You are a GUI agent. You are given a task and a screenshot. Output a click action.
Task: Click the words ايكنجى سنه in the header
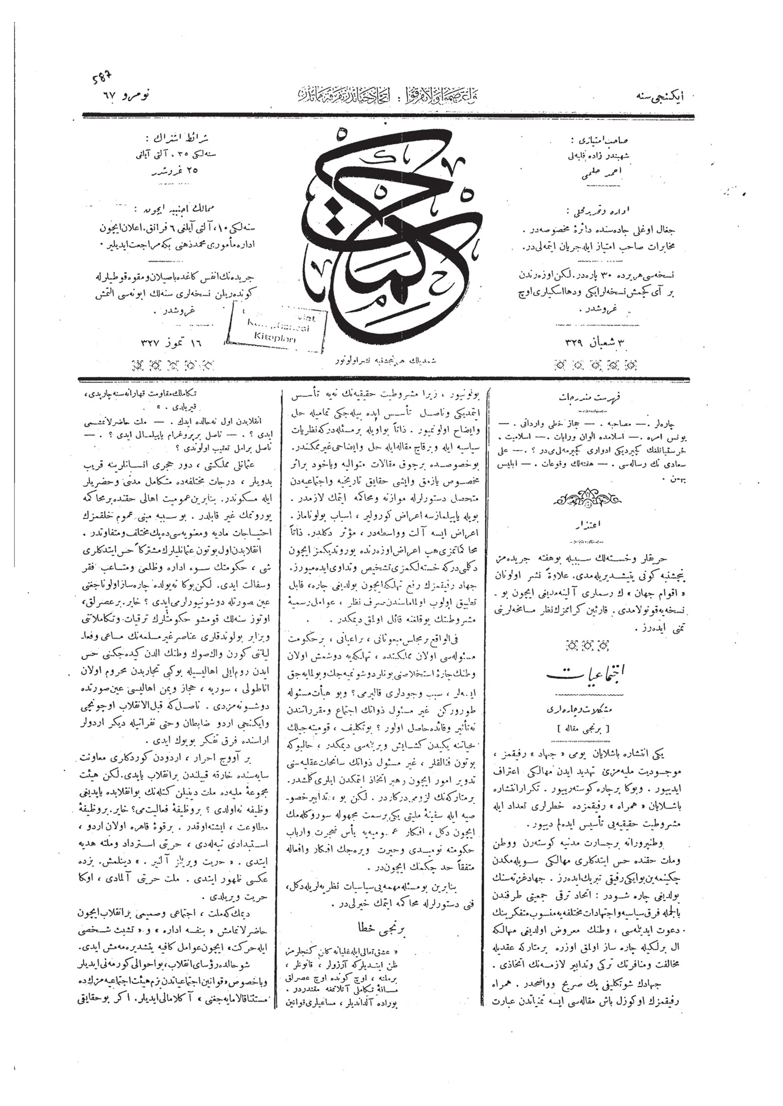point(665,96)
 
